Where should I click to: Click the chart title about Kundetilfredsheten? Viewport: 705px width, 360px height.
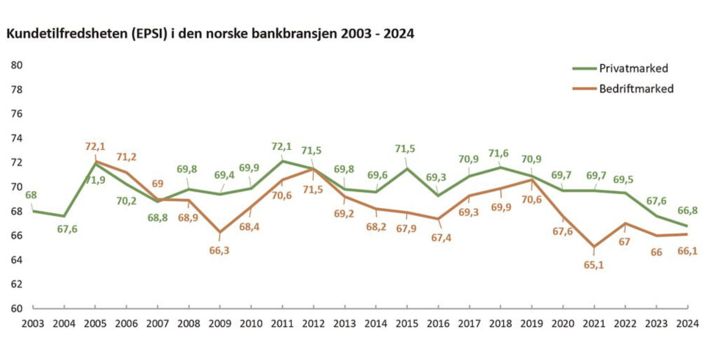click(209, 34)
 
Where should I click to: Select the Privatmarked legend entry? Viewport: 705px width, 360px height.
click(633, 68)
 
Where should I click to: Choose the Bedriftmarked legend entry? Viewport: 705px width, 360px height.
click(636, 88)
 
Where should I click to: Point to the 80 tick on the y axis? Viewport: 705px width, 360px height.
click(16, 65)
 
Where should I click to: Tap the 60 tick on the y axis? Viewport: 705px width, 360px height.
click(16, 309)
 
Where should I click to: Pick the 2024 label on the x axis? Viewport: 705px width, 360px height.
click(688, 323)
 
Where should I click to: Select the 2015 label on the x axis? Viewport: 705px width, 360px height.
click(407, 323)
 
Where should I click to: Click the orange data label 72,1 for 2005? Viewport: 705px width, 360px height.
click(96, 146)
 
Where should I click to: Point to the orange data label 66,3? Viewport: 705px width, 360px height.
click(220, 250)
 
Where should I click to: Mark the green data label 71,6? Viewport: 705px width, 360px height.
click(499, 154)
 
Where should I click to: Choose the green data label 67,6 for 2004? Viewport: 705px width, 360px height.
click(68, 230)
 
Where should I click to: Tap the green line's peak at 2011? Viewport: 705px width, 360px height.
click(283, 161)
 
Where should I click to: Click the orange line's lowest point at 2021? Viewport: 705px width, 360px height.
click(593, 247)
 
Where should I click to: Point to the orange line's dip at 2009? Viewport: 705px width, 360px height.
click(220, 232)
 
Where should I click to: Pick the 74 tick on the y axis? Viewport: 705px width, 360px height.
click(16, 138)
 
